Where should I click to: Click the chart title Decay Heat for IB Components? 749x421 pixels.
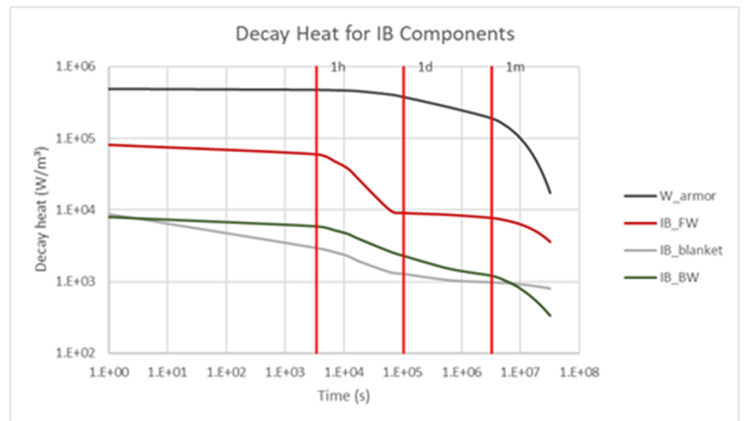click(374, 34)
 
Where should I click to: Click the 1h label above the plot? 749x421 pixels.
click(338, 67)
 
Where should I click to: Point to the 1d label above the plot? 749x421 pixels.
click(425, 67)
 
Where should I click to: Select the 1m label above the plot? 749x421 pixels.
click(515, 67)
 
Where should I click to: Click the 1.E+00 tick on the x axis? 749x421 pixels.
click(110, 372)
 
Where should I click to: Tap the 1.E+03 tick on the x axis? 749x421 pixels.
click(285, 372)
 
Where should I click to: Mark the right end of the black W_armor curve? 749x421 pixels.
click(550, 193)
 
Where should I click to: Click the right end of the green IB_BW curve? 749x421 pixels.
click(550, 316)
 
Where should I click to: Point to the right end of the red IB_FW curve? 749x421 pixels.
click(550, 243)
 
